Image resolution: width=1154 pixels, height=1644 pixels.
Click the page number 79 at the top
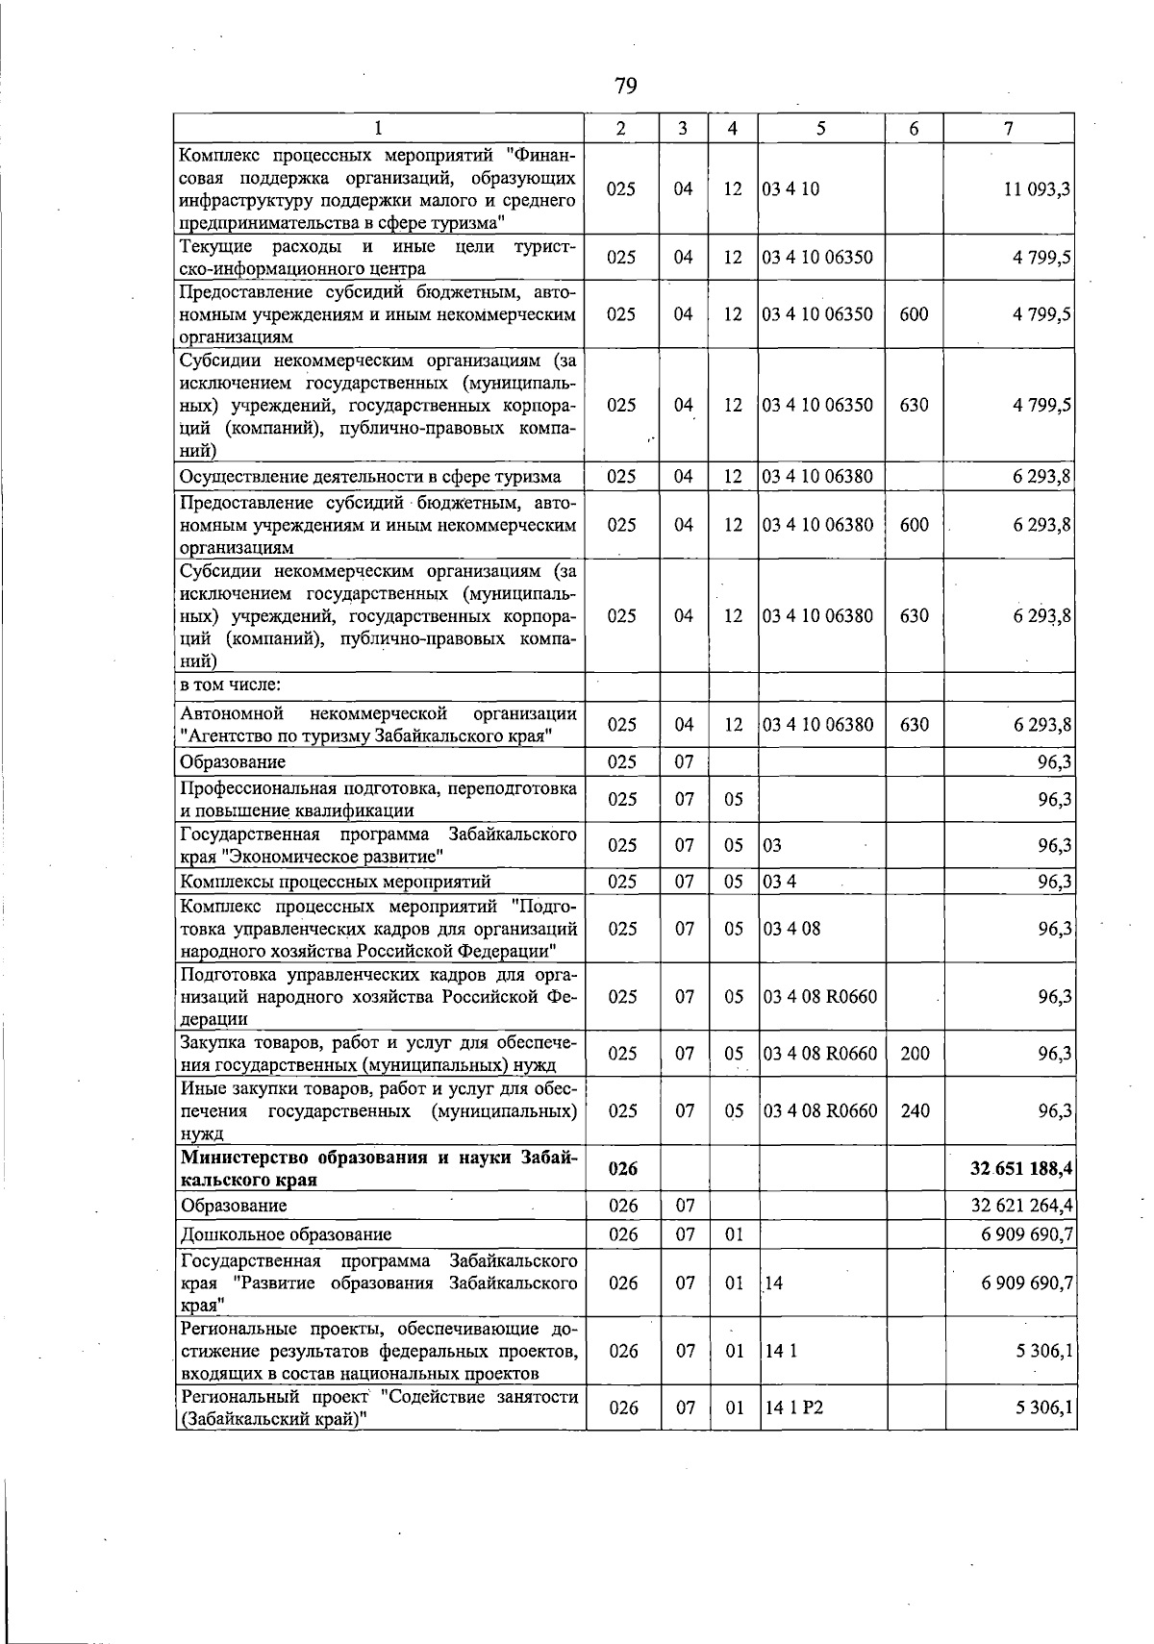(x=625, y=87)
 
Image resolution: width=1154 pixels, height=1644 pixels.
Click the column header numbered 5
(x=820, y=128)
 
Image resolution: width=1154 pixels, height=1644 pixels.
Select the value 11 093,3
(x=1038, y=189)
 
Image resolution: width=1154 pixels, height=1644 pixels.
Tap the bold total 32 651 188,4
(x=1021, y=1168)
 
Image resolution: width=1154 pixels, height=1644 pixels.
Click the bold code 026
(x=623, y=1168)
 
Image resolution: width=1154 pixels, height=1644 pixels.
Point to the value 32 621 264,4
(x=1023, y=1206)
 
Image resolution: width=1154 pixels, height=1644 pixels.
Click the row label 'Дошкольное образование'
(x=286, y=1234)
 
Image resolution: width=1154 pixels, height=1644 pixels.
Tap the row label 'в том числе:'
(x=230, y=685)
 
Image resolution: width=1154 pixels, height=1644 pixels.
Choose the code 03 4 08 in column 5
(x=792, y=929)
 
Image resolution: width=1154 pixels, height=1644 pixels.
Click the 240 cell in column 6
(x=915, y=1110)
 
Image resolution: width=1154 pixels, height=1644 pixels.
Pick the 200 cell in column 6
(x=915, y=1054)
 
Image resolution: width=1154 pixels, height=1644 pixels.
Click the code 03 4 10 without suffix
(x=790, y=189)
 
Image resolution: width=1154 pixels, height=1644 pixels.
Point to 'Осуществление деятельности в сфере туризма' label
(x=370, y=476)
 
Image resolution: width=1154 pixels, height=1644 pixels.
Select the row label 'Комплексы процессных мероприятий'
(x=336, y=882)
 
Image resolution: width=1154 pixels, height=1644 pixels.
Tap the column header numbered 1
(x=379, y=128)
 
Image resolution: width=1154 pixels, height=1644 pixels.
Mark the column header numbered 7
(x=1008, y=128)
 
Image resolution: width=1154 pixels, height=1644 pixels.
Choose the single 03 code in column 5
(x=772, y=846)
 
